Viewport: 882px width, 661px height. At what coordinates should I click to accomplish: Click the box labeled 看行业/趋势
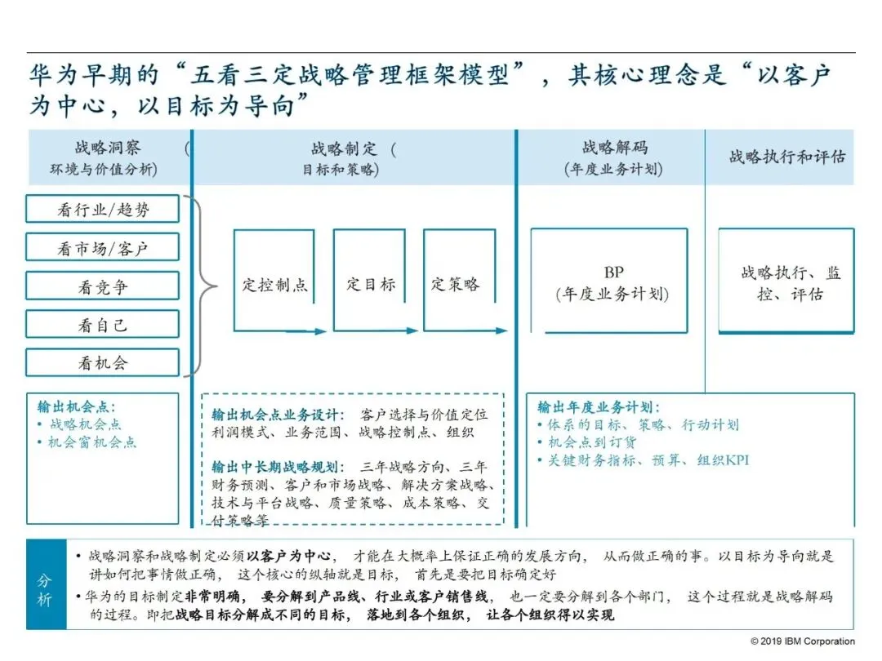[102, 209]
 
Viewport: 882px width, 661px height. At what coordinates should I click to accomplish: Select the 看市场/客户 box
[102, 247]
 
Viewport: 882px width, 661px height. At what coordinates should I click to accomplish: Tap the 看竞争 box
[102, 286]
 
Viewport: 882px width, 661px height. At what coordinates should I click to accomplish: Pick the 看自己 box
[102, 325]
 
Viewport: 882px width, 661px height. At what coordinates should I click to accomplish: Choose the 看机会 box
[102, 363]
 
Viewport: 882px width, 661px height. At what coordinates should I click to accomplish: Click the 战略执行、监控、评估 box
[786, 282]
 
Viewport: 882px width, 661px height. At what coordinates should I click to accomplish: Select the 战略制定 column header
[353, 157]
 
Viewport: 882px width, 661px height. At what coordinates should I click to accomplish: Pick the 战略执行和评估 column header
[786, 157]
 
